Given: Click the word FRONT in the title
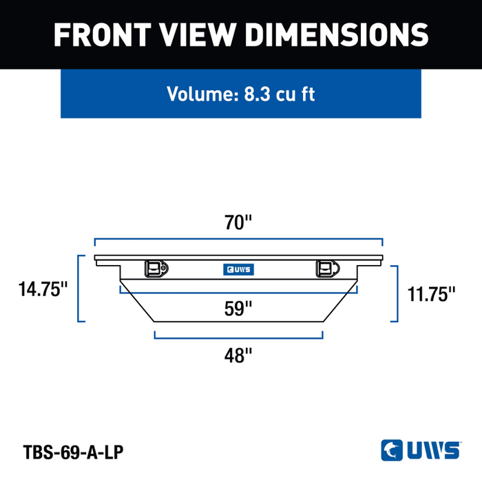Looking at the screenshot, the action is click(103, 34).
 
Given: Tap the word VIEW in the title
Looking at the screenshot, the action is click(198, 34).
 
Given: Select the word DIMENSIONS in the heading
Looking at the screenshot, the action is click(337, 34).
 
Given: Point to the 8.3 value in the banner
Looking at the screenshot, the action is click(257, 94).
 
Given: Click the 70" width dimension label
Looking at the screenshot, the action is click(238, 222).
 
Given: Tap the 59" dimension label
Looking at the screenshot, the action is click(238, 308).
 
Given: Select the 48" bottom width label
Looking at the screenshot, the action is click(238, 355).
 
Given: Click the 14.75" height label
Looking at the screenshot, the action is click(43, 289).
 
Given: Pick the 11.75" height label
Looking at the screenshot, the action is click(431, 294).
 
